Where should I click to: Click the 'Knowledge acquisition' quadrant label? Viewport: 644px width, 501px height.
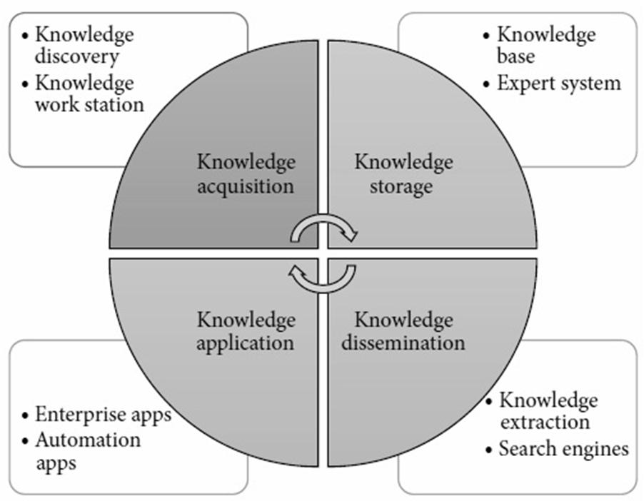coord(246,174)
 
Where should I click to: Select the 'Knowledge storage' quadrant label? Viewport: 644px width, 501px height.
coord(403,174)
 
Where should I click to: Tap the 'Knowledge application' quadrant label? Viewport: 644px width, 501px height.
coord(246,330)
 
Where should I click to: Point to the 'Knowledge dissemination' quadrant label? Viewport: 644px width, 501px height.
coord(403,330)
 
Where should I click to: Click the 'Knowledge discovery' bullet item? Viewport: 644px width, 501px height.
coord(84,44)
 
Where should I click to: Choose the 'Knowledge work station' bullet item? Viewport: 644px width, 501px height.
coord(89,93)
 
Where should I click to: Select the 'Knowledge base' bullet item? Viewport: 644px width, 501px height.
coord(546,44)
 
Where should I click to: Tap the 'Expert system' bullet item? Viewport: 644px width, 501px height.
coord(559,83)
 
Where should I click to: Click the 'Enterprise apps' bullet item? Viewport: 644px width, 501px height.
coord(104,415)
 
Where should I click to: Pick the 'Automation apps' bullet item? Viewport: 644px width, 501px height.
coord(88,450)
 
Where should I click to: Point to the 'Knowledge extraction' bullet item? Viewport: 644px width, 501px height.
coord(548,410)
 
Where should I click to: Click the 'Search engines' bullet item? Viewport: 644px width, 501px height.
coord(563,449)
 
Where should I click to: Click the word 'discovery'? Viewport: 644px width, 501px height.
coord(76,55)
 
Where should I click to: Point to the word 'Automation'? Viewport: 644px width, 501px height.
coord(88,439)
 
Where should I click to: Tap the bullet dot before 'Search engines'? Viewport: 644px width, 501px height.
coord(489,450)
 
